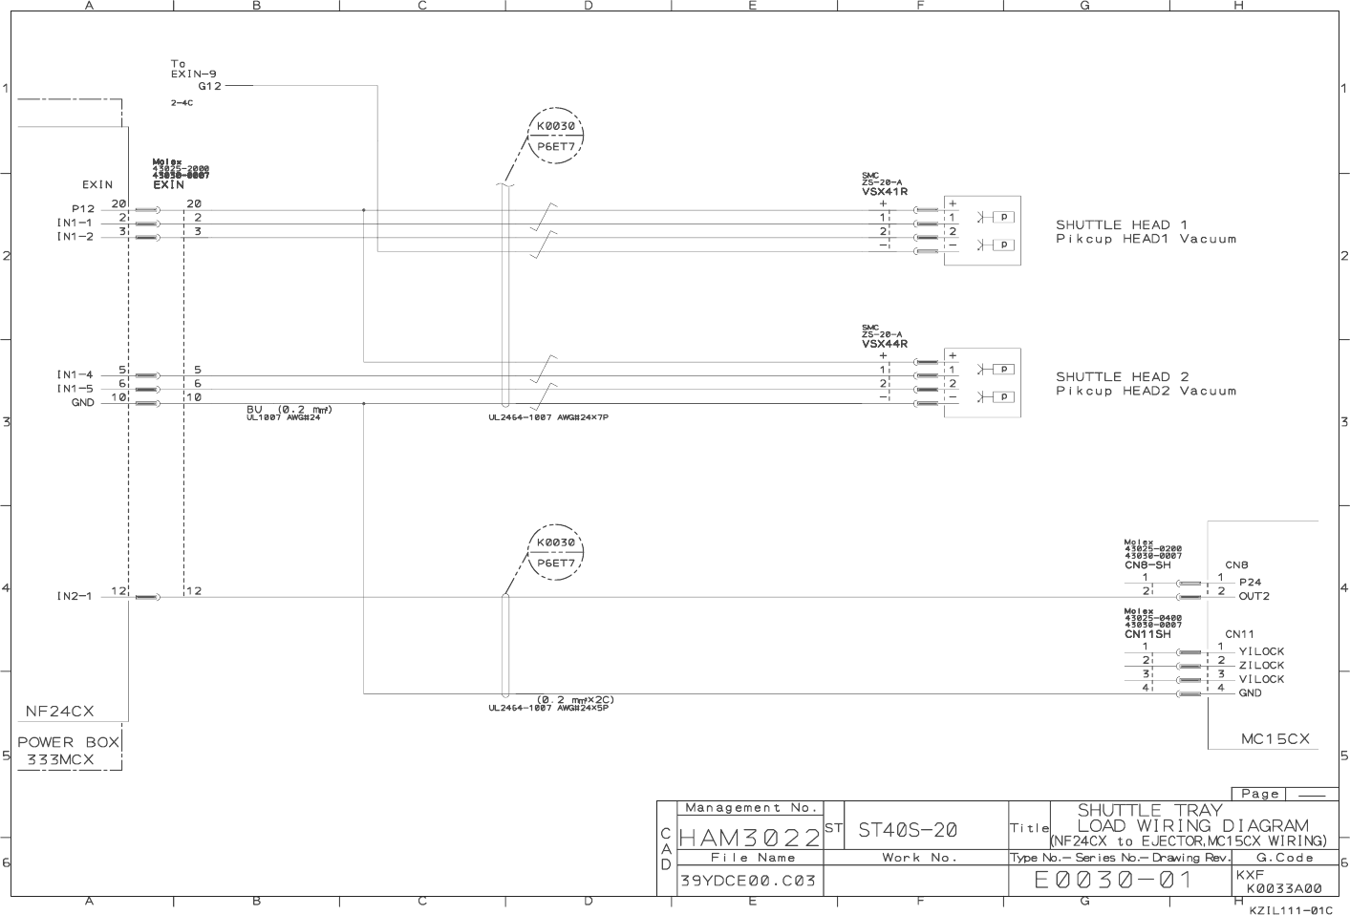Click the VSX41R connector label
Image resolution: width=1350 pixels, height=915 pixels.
click(x=885, y=192)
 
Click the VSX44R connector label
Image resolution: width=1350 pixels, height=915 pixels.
click(x=885, y=344)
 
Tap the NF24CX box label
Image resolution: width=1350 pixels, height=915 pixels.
click(x=59, y=712)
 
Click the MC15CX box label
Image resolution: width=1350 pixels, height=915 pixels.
click(x=1275, y=739)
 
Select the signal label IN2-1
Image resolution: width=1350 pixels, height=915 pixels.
click(x=75, y=597)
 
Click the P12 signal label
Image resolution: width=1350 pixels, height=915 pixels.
click(x=83, y=208)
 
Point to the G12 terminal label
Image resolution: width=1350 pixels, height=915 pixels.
click(x=210, y=86)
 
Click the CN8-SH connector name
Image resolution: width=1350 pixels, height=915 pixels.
click(x=1147, y=565)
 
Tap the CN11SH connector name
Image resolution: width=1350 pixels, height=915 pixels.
click(x=1147, y=634)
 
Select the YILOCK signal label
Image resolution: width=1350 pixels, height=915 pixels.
click(x=1261, y=651)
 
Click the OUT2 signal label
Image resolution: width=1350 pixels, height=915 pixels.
click(x=1254, y=596)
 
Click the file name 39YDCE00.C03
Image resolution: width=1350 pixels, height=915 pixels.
click(x=748, y=880)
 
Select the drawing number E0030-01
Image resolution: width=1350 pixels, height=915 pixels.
click(x=1114, y=880)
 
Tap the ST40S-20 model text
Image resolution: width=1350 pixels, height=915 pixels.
click(x=908, y=830)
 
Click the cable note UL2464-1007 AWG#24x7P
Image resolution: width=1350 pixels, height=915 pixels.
click(x=547, y=417)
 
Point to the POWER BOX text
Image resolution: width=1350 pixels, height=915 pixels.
click(x=69, y=742)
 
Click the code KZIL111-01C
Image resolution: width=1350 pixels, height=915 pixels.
click(x=1290, y=909)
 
